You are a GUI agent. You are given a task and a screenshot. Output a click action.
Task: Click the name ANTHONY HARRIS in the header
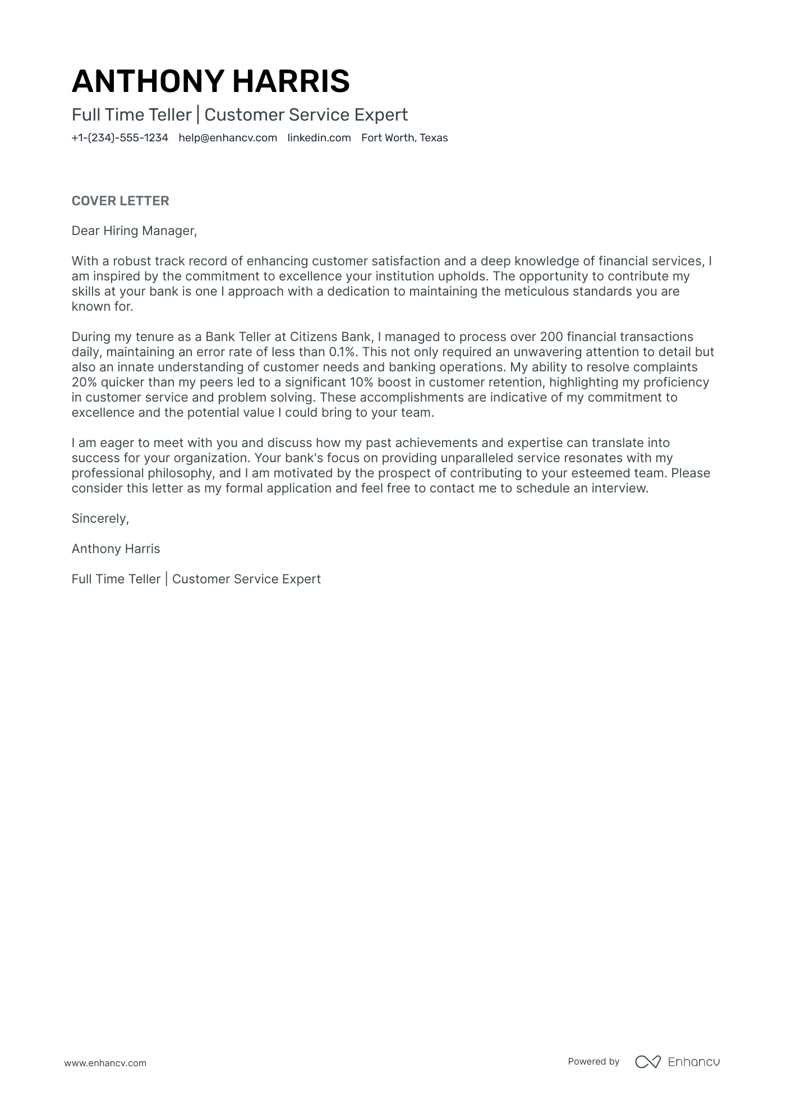pyautogui.click(x=210, y=81)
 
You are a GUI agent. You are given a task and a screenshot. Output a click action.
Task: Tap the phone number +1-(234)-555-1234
pyautogui.click(x=119, y=138)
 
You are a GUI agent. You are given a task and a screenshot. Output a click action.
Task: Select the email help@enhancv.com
pyautogui.click(x=228, y=138)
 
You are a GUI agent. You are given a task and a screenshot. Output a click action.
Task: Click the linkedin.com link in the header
pyautogui.click(x=319, y=138)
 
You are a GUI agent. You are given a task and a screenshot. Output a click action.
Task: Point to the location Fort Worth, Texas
pyautogui.click(x=404, y=138)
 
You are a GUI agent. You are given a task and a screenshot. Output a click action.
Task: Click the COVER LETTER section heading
pyautogui.click(x=120, y=201)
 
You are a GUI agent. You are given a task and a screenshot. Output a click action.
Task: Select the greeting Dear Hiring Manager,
pyautogui.click(x=134, y=231)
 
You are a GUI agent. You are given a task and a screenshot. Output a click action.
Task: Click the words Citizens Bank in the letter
pyautogui.click(x=330, y=337)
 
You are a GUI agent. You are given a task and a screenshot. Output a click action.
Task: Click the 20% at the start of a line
pyautogui.click(x=84, y=382)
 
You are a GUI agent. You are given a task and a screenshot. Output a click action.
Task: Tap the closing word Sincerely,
pyautogui.click(x=100, y=518)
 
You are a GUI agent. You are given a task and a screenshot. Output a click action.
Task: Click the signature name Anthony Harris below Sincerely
pyautogui.click(x=116, y=549)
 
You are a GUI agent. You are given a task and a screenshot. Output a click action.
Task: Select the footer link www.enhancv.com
pyautogui.click(x=105, y=1063)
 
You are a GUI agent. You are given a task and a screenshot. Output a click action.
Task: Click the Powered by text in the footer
pyautogui.click(x=593, y=1061)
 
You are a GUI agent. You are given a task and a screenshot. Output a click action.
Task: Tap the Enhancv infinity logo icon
pyautogui.click(x=647, y=1061)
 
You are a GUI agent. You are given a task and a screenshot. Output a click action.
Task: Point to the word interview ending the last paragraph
pyautogui.click(x=622, y=488)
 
